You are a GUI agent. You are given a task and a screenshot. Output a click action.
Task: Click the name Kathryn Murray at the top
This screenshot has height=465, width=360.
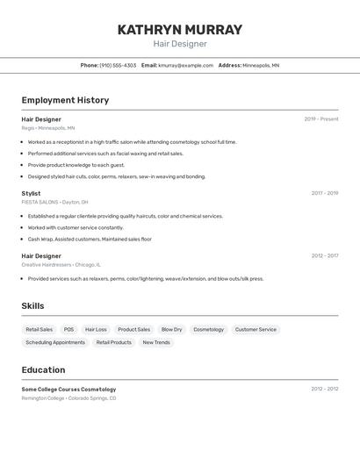[180, 30]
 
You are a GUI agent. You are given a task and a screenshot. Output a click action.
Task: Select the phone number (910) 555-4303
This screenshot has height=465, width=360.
[118, 65]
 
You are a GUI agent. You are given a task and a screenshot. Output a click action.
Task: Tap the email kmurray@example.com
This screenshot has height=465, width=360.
[185, 65]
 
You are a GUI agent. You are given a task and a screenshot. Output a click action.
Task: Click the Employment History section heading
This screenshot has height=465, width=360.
[65, 100]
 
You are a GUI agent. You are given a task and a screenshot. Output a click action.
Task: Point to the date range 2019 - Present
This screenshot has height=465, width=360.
[320, 119]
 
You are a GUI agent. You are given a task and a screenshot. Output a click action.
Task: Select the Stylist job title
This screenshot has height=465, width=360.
[31, 193]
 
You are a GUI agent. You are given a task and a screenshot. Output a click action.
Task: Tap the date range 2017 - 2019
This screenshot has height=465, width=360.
[324, 193]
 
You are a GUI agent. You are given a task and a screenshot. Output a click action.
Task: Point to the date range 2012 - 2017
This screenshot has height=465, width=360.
[324, 256]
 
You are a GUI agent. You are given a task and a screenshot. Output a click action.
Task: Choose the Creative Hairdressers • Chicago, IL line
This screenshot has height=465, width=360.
[61, 264]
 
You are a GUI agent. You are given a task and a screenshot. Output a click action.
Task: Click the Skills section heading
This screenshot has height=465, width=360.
[32, 306]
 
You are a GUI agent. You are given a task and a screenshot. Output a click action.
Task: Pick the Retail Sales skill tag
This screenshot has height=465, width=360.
[39, 330]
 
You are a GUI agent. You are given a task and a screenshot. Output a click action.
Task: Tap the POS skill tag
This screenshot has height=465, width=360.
[68, 330]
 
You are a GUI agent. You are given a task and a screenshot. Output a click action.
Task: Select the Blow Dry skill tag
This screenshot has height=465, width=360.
[171, 330]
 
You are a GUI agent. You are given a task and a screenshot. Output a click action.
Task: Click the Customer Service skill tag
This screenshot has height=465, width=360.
[256, 330]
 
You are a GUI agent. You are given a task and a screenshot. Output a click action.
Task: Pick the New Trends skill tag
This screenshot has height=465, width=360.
[156, 342]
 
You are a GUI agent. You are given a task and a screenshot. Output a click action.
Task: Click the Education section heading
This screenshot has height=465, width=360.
[43, 370]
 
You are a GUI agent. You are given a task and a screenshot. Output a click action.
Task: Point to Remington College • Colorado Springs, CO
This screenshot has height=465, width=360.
[68, 398]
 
